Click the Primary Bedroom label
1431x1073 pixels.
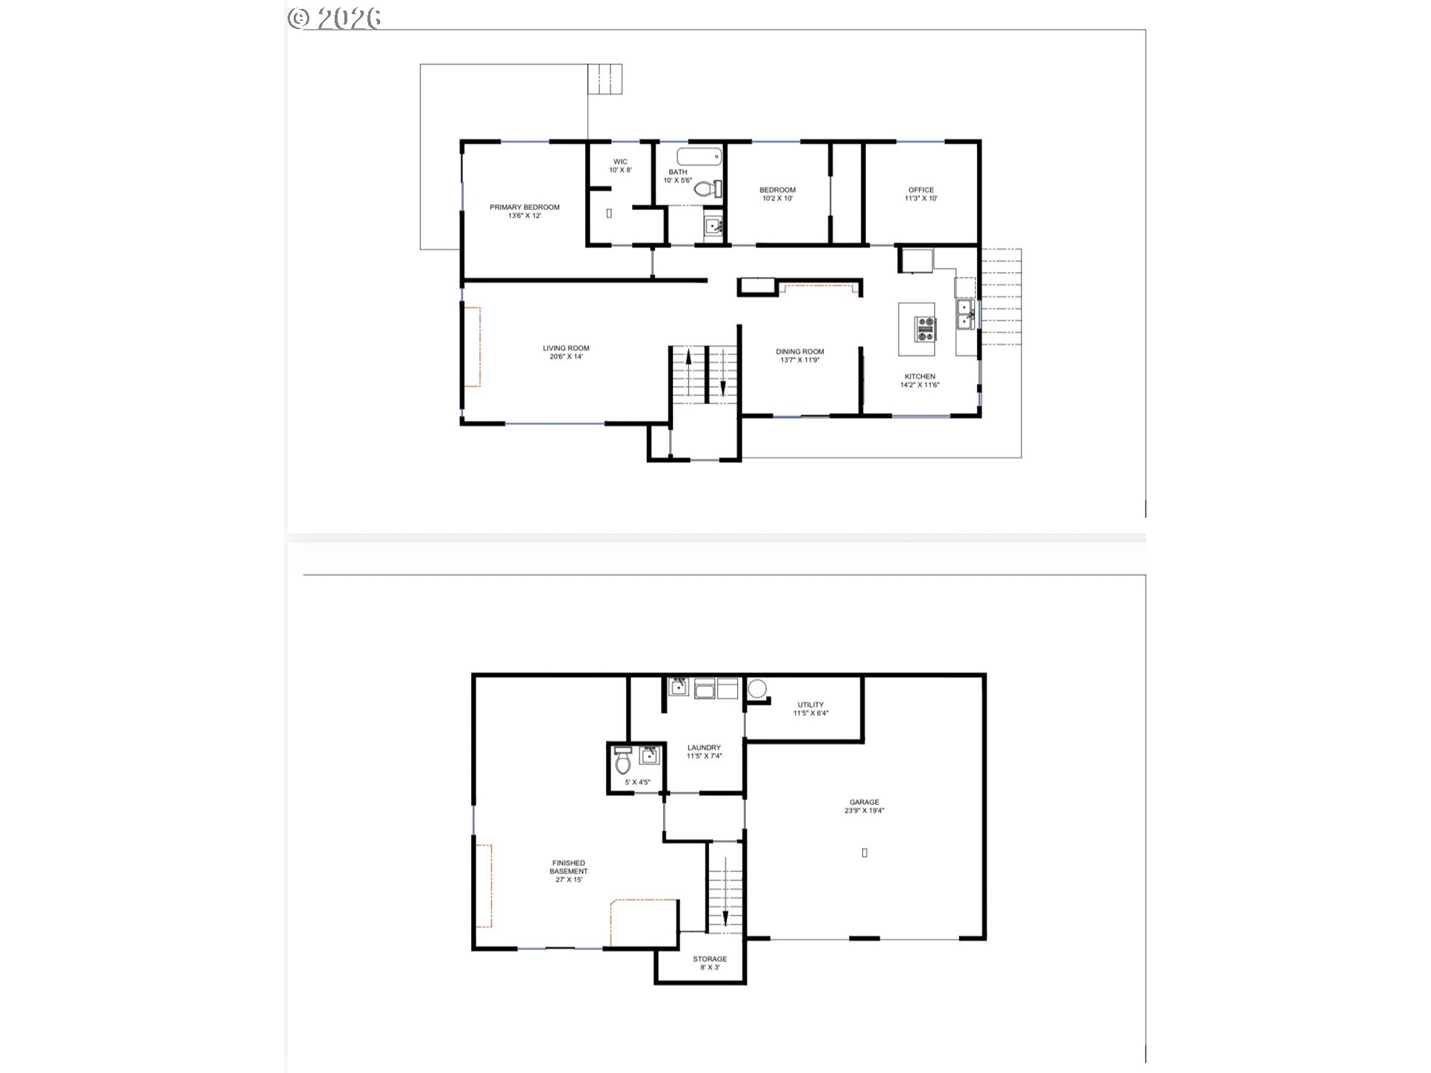(x=524, y=207)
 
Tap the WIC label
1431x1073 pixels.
(x=620, y=162)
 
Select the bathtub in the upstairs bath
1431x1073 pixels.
(x=699, y=156)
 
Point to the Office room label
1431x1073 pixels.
(x=920, y=190)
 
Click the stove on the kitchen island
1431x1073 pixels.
(x=926, y=329)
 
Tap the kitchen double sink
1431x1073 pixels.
(x=965, y=314)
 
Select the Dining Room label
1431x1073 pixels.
(x=800, y=352)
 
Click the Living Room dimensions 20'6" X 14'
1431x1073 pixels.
(x=566, y=357)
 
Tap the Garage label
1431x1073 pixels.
(x=864, y=803)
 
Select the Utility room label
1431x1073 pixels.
(x=810, y=705)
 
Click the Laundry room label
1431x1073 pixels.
(x=704, y=748)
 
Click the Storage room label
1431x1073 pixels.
(x=709, y=959)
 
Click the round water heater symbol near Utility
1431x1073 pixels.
(x=756, y=689)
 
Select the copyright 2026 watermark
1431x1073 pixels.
(x=335, y=18)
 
